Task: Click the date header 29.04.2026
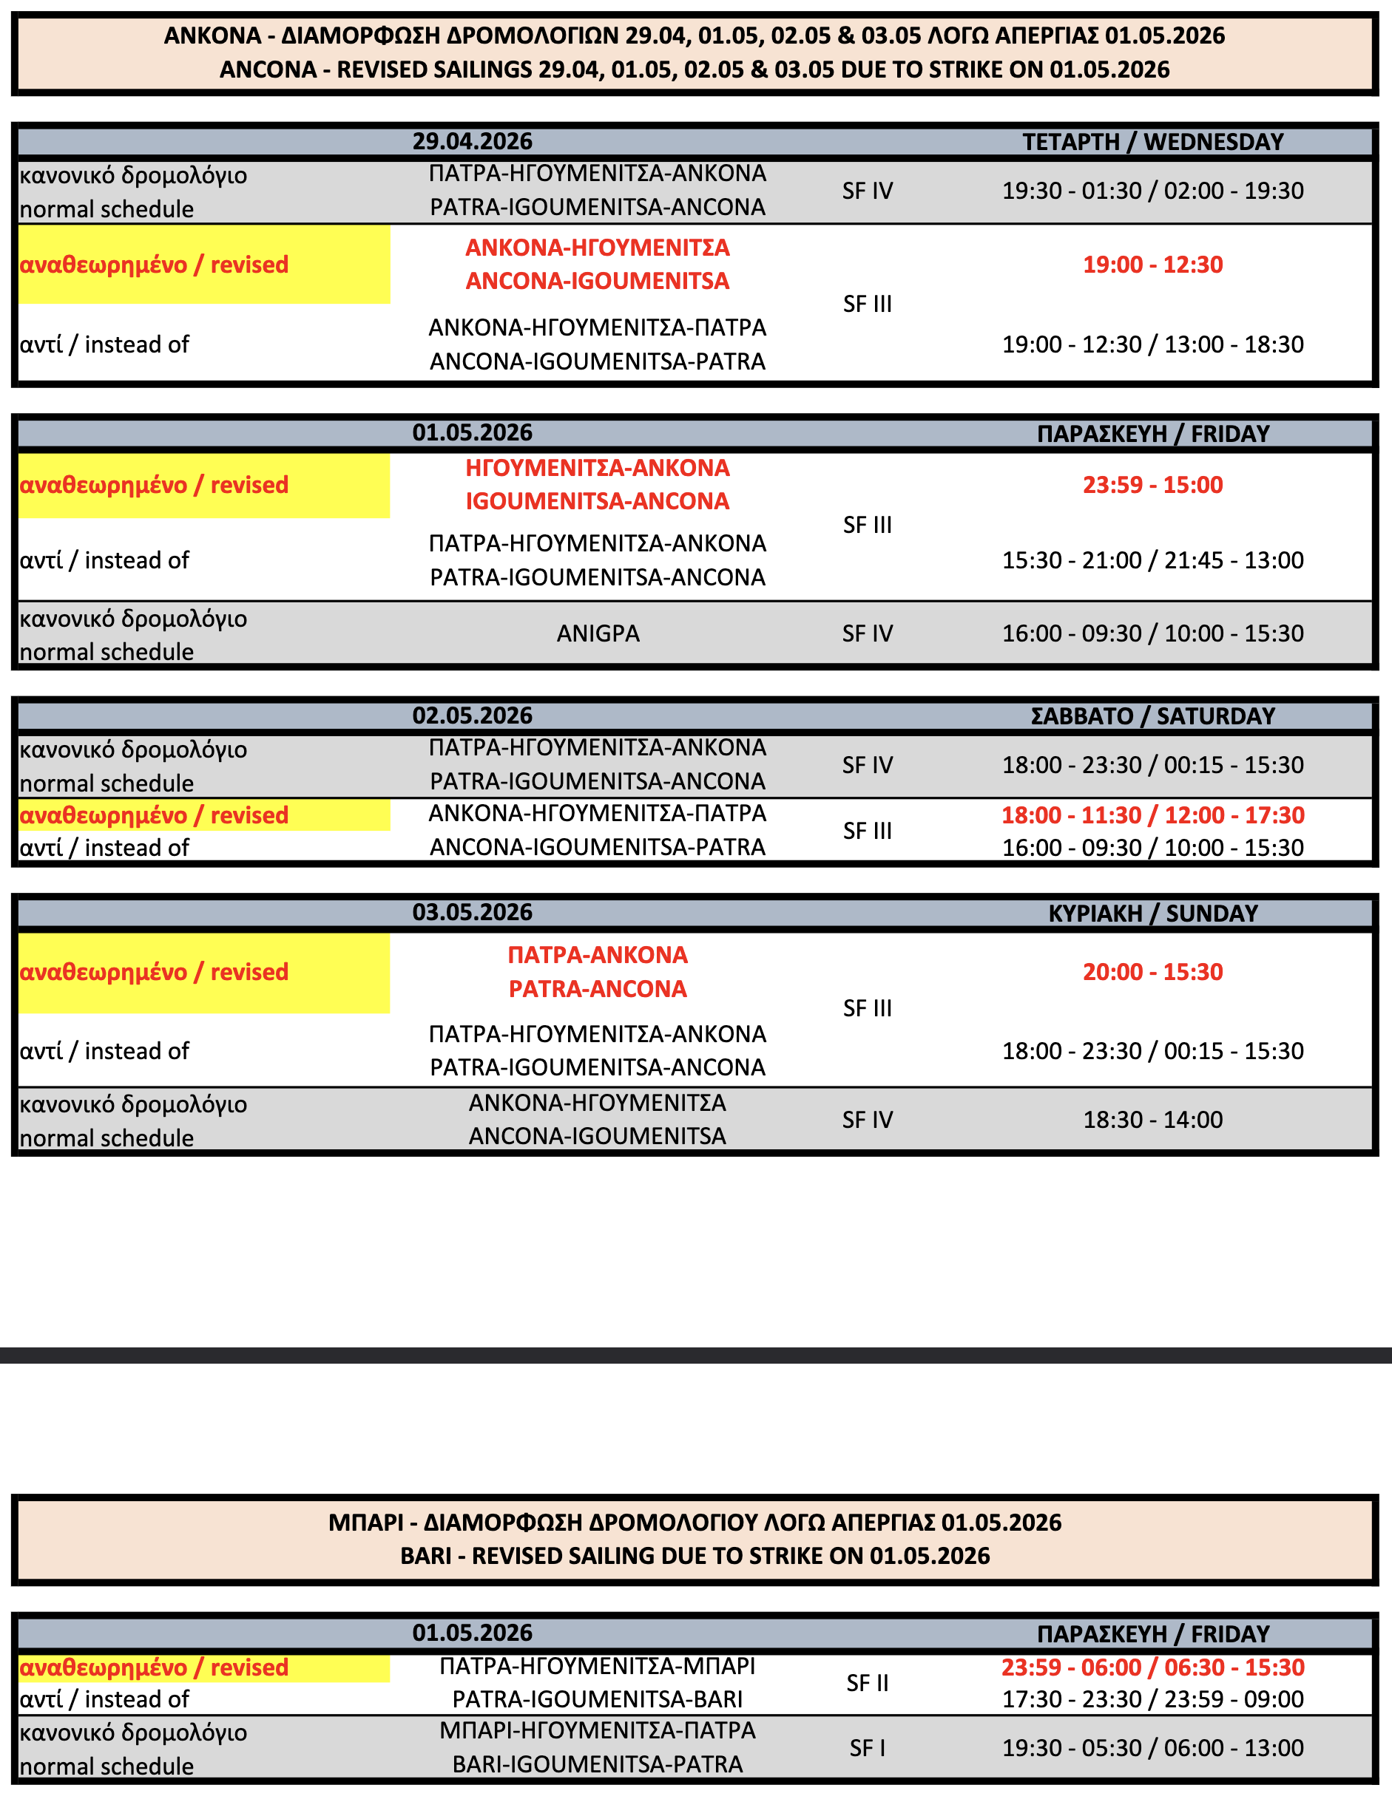[x=472, y=142]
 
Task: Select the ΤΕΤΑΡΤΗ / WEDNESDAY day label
[x=1152, y=142]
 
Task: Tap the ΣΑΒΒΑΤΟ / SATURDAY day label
[x=1152, y=715]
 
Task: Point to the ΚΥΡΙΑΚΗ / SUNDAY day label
[x=1152, y=913]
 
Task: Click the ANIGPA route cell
[x=598, y=633]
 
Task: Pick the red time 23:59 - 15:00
[x=1152, y=484]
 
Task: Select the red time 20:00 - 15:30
[x=1152, y=972]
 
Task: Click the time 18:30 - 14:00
[x=1152, y=1120]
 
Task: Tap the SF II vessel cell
[x=867, y=1683]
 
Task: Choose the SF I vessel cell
[x=867, y=1748]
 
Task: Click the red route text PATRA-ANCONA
[x=598, y=988]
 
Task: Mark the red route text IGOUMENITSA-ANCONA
[x=598, y=501]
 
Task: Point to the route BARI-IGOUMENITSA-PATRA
[x=598, y=1764]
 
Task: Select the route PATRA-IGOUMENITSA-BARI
[x=598, y=1699]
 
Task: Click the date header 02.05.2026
[x=472, y=715]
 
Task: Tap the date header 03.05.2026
[x=472, y=913]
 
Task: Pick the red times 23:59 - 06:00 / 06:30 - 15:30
[x=1152, y=1667]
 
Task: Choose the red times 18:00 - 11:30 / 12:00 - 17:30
[x=1152, y=815]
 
